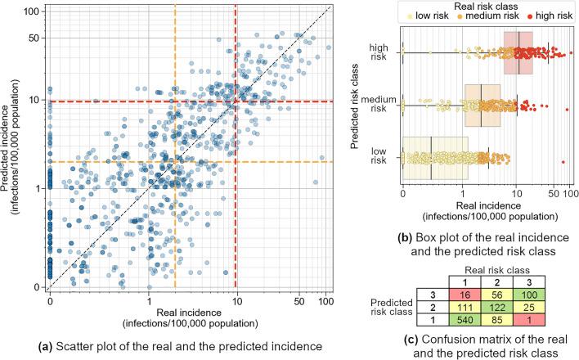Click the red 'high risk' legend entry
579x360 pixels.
point(540,16)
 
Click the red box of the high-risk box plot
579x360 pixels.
point(518,53)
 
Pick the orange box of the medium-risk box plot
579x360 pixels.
point(482,105)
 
